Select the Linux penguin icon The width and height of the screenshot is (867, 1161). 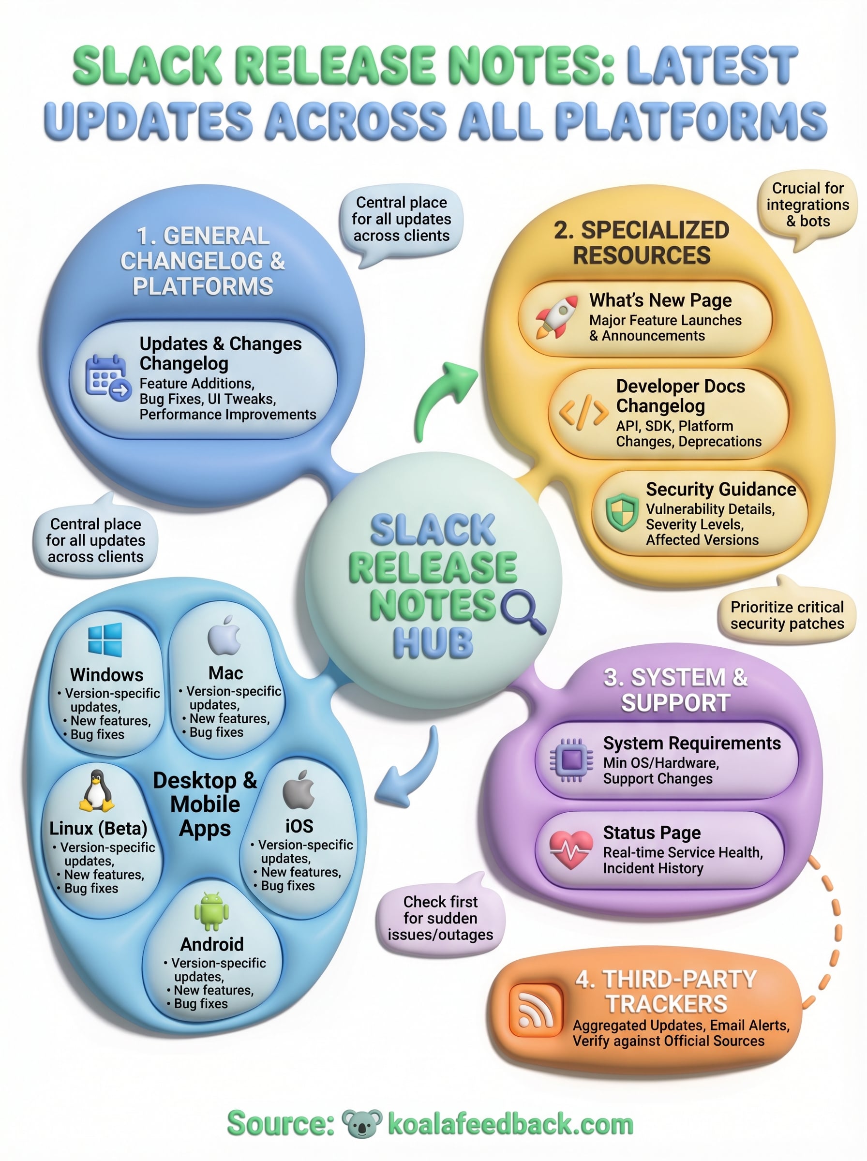97,791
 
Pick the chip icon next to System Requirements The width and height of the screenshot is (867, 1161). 572,760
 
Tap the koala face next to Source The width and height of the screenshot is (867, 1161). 361,1124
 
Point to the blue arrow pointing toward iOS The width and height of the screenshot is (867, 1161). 412,771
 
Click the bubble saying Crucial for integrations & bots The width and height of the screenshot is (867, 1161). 807,205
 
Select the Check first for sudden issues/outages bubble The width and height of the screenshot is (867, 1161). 440,918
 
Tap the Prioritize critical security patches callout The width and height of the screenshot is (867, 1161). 787,615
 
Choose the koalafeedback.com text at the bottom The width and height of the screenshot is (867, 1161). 510,1124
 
